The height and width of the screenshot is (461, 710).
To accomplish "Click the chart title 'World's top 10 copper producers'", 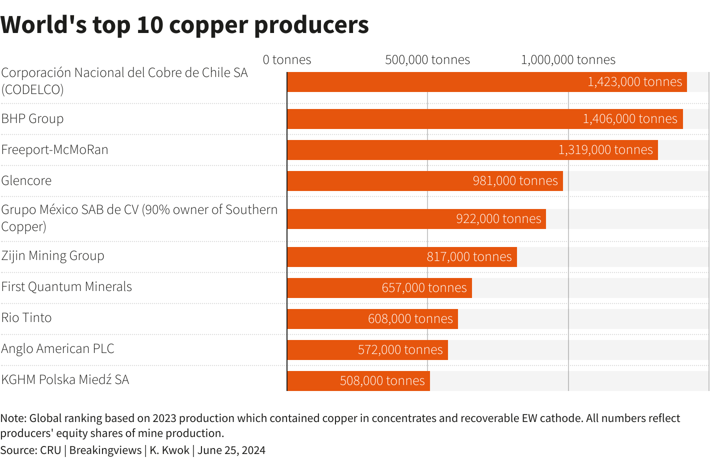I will click(184, 25).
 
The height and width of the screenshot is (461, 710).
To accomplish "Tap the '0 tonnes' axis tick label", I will click(287, 60).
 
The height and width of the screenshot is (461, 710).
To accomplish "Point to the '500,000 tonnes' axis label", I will click(427, 60).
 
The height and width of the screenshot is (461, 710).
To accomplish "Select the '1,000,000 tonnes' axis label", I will click(568, 60).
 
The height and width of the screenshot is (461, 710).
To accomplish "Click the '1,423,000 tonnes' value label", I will click(634, 82).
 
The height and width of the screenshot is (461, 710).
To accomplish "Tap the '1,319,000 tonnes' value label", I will click(605, 150).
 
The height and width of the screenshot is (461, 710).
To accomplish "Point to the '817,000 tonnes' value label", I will click(469, 257).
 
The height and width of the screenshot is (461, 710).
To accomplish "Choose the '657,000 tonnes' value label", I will click(424, 288).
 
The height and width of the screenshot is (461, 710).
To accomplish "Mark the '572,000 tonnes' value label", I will click(400, 350).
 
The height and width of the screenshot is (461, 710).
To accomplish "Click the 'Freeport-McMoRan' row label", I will click(54, 150).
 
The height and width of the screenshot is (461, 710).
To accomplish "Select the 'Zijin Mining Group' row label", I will click(52, 256).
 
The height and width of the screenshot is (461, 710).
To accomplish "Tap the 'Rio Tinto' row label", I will click(26, 318).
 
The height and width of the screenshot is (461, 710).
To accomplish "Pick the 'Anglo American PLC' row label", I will click(57, 349).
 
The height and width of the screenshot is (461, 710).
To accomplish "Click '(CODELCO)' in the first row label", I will click(32, 90).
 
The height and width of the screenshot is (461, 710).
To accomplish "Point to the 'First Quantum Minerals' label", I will click(66, 287).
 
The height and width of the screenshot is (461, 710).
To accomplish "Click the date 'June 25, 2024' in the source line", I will click(231, 450).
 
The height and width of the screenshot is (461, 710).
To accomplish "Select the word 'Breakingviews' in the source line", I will click(105, 450).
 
